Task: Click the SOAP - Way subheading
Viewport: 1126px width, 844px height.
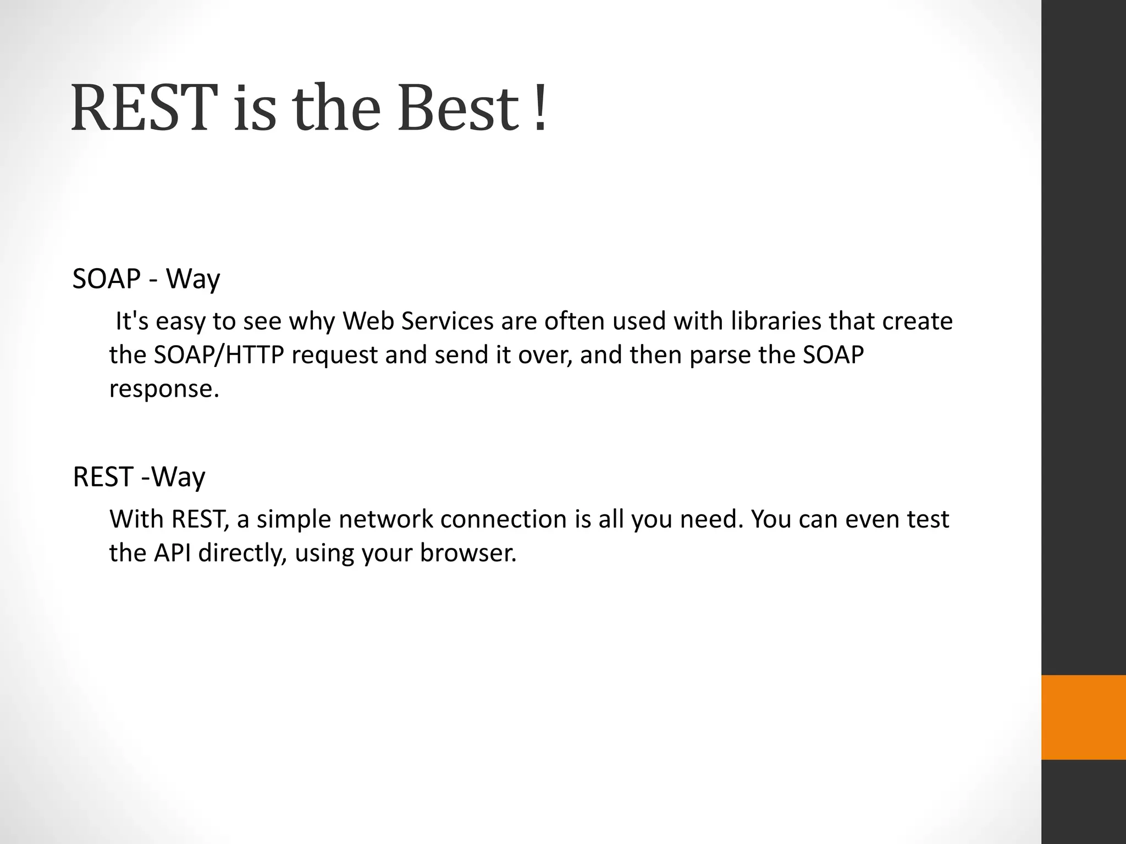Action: [x=146, y=279]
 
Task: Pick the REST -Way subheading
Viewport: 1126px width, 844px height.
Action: [x=139, y=477]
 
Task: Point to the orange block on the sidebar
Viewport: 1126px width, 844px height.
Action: [x=1083, y=717]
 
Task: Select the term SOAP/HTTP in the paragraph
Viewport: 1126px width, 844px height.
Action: [x=218, y=356]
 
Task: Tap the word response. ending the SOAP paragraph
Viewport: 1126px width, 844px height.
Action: [x=164, y=390]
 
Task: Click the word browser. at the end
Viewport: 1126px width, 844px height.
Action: [x=468, y=553]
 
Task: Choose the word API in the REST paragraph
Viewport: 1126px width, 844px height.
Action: [x=172, y=553]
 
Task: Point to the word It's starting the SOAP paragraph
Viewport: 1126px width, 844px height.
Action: [x=132, y=321]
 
